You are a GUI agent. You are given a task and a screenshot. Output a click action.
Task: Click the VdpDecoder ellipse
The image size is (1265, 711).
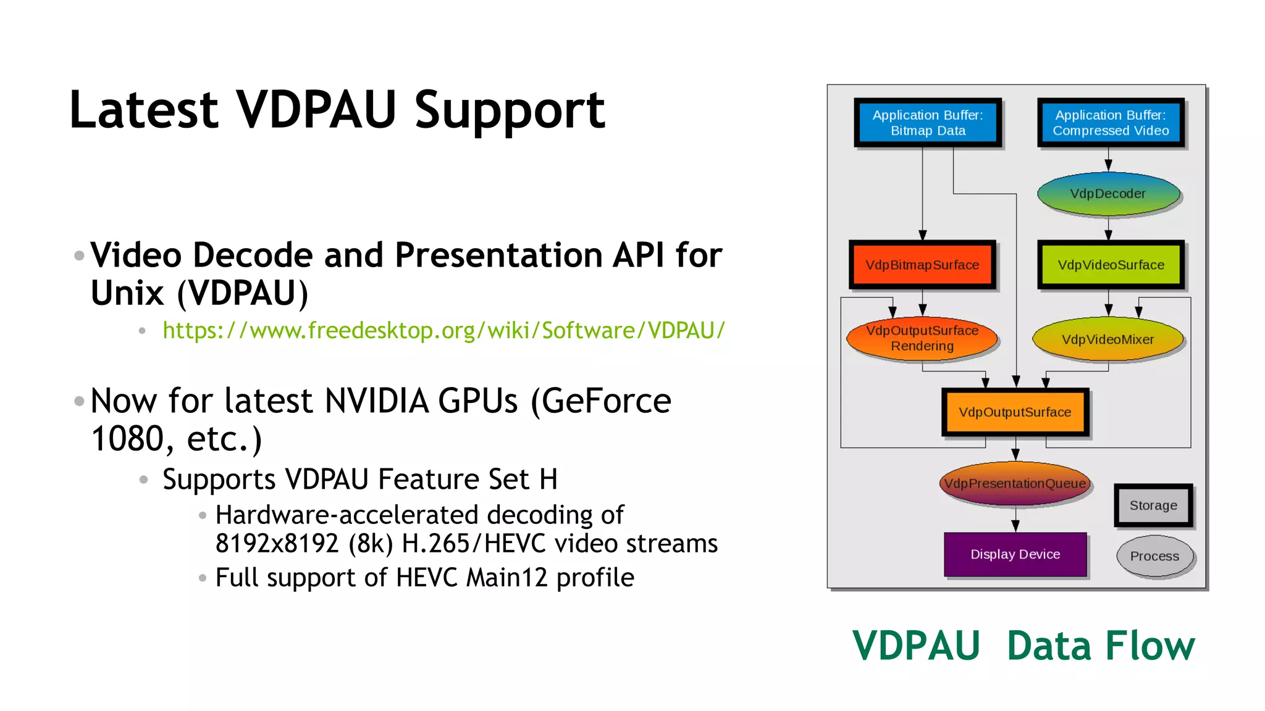tap(1108, 194)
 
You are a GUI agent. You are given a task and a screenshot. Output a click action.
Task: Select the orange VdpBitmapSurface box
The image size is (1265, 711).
tap(922, 265)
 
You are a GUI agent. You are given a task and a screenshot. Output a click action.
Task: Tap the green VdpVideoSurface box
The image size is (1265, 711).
tap(1111, 265)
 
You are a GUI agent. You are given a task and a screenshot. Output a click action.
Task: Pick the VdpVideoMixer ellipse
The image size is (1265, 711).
tap(1107, 339)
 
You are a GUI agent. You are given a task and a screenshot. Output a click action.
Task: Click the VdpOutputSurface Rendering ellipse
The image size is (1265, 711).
tap(922, 338)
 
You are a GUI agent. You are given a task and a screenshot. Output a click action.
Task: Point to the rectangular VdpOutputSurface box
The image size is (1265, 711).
tap(1015, 412)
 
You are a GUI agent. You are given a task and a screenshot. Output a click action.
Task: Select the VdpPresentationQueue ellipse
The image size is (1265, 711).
tap(1015, 483)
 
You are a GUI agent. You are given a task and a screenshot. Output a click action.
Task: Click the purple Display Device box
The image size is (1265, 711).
tap(1015, 554)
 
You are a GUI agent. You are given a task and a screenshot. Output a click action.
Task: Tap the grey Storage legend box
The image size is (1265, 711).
tap(1153, 505)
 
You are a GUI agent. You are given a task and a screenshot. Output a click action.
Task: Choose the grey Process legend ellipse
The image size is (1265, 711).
tap(1154, 556)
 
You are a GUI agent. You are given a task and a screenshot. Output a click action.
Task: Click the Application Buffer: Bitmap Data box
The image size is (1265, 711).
tap(928, 123)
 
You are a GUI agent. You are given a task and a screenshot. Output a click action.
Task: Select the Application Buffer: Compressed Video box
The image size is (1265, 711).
tap(1111, 123)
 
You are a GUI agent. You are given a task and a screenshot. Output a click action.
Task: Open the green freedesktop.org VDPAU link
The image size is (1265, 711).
tap(443, 331)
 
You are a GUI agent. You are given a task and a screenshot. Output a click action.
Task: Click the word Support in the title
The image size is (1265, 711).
tap(510, 111)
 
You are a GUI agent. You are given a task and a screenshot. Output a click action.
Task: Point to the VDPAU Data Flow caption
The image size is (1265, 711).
tap(1023, 646)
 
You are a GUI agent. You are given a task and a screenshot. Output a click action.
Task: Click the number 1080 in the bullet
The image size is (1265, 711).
tap(127, 439)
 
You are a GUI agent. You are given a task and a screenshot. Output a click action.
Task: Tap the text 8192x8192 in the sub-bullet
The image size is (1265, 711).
tap(277, 544)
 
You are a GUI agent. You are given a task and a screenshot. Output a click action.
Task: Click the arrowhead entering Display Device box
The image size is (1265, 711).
tap(1015, 526)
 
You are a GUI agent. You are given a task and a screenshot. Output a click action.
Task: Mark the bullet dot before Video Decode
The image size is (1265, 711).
tap(79, 256)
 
